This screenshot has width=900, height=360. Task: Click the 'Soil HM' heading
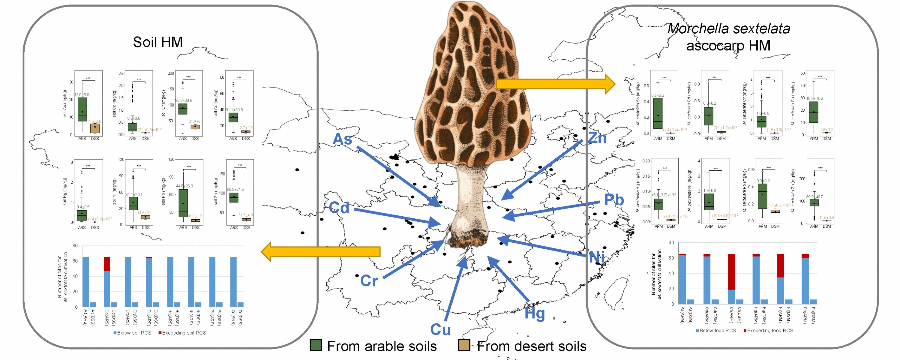click(x=157, y=42)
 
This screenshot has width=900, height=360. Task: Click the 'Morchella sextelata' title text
click(x=728, y=29)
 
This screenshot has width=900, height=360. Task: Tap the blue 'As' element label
click(x=342, y=139)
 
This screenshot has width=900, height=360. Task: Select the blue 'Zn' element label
click(x=597, y=138)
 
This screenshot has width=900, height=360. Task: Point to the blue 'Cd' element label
click(x=339, y=208)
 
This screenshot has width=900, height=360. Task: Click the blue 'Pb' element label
click(x=614, y=200)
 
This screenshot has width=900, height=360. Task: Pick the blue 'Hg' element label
click(x=535, y=313)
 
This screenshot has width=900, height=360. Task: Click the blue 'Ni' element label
click(x=597, y=257)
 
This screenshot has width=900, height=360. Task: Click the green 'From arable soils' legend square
click(x=316, y=345)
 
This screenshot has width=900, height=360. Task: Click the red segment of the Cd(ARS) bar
click(x=107, y=264)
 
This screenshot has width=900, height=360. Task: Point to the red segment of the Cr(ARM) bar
click(x=731, y=271)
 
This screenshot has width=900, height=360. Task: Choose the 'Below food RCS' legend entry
click(x=716, y=331)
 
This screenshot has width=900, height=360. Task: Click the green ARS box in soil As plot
click(x=82, y=109)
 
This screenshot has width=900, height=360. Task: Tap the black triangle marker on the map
click(x=395, y=156)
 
